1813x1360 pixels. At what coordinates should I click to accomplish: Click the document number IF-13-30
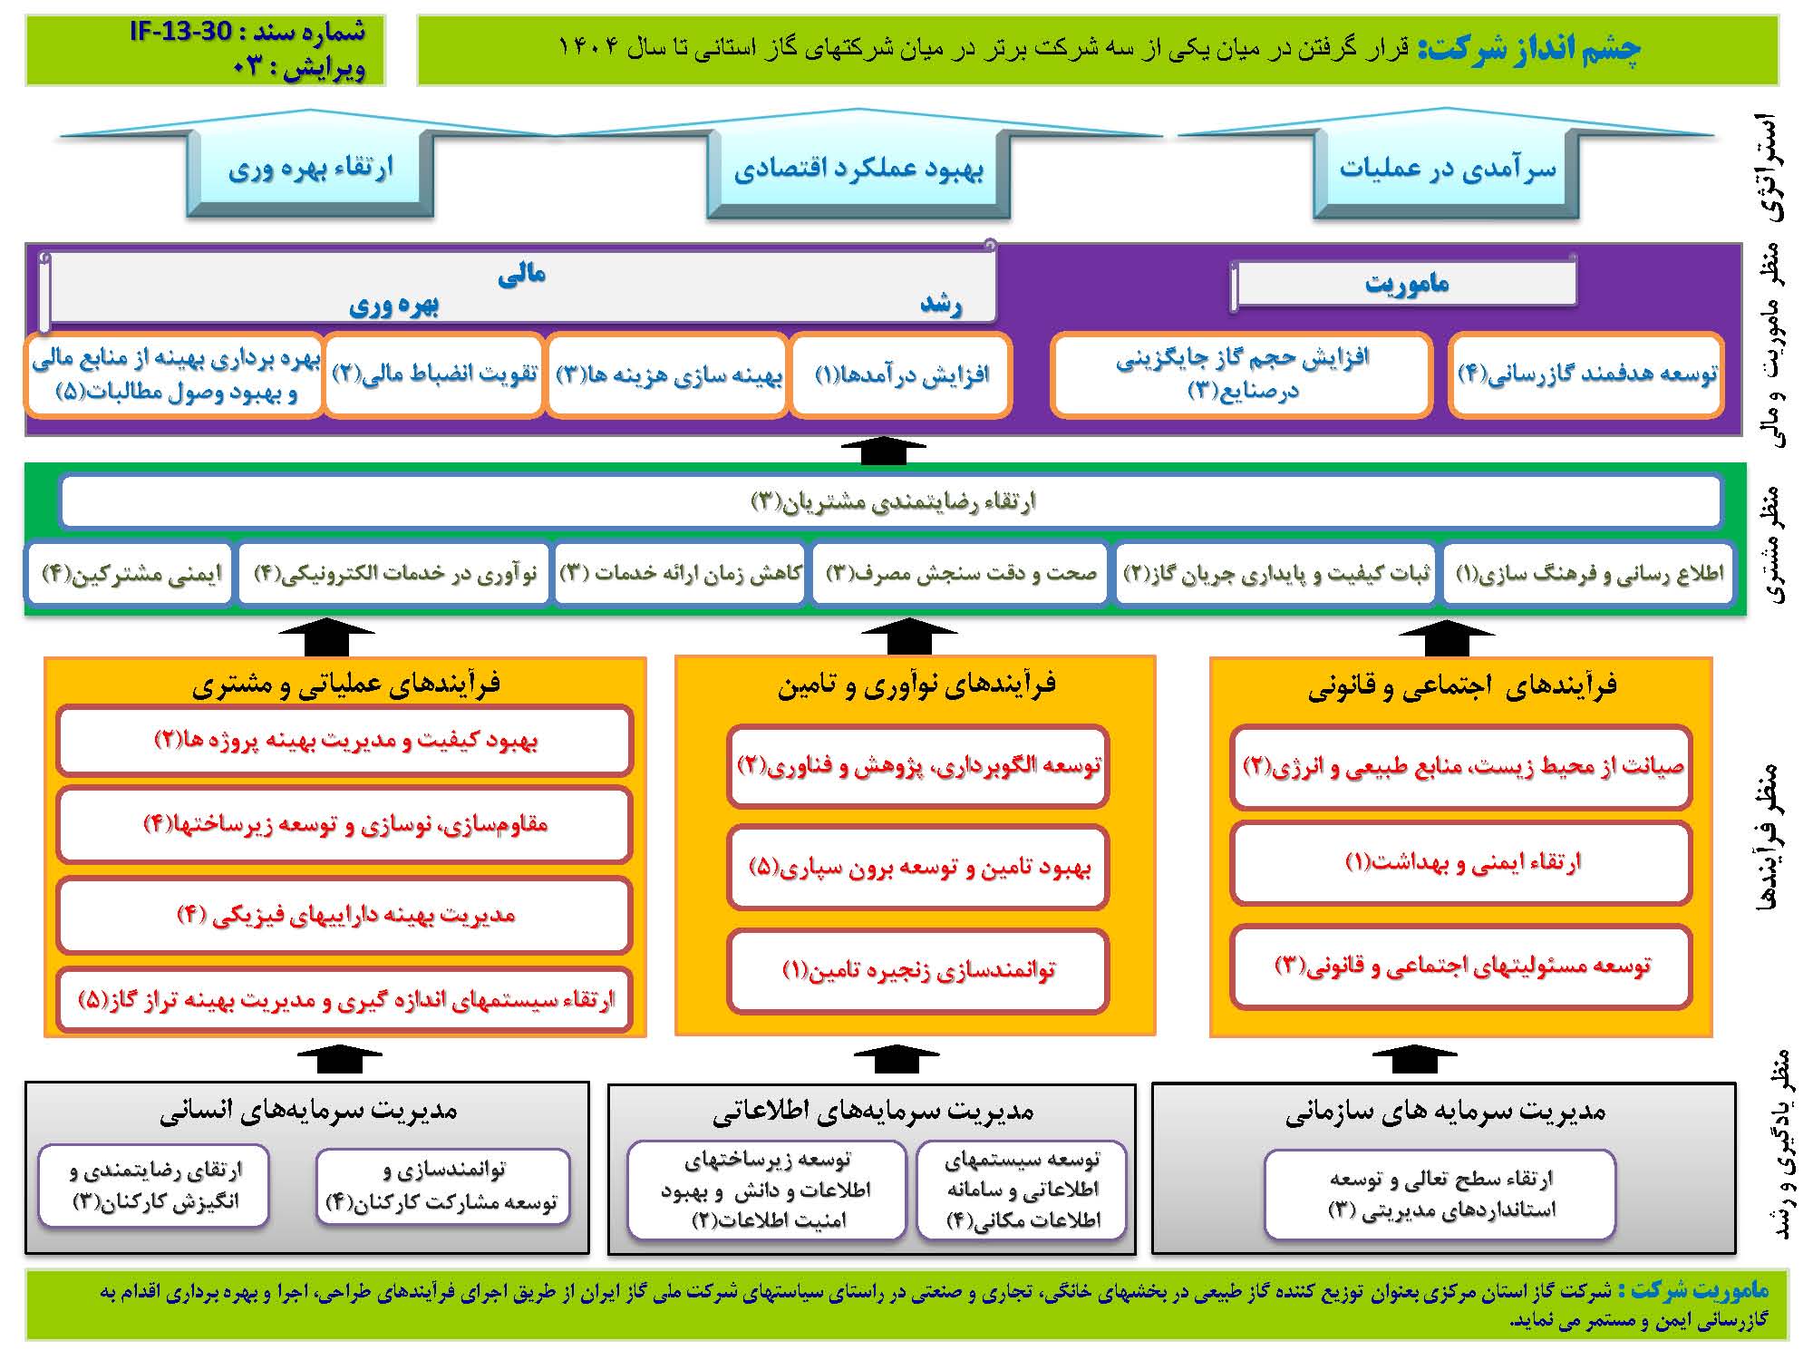click(181, 33)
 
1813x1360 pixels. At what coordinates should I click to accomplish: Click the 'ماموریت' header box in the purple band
click(1405, 284)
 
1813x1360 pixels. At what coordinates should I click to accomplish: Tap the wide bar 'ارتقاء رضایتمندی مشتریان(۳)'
click(891, 501)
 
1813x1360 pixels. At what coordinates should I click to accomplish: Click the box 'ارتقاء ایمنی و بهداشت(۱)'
click(1461, 862)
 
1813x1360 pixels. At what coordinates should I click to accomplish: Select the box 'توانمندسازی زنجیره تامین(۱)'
click(918, 971)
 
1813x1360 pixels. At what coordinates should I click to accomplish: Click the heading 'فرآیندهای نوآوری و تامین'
click(916, 685)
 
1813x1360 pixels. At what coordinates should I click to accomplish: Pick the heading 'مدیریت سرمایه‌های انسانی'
click(308, 1111)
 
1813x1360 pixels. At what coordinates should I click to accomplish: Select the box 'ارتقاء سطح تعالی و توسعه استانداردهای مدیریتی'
click(1440, 1194)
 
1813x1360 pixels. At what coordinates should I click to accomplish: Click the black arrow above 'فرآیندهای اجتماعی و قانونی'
click(1447, 638)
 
